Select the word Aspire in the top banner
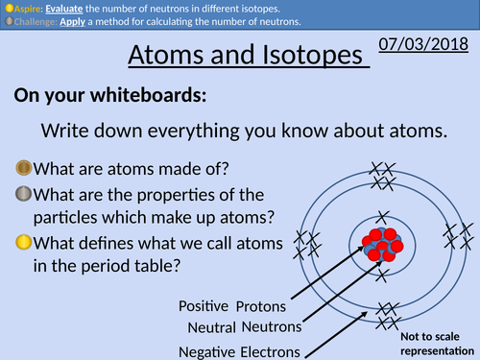pyautogui.click(x=29, y=7)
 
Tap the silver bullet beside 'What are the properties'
pyautogui.click(x=23, y=196)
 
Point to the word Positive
pyautogui.click(x=204, y=306)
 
